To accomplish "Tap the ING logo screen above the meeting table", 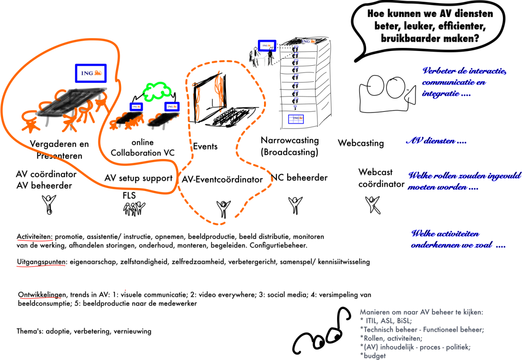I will [x=91, y=73].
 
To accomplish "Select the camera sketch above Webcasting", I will [x=386, y=89].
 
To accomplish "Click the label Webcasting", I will [x=360, y=143].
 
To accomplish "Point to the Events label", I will [x=205, y=147].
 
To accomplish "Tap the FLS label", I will [x=129, y=196].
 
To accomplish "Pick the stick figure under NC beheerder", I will [x=296, y=205].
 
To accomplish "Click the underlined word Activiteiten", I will [x=35, y=237].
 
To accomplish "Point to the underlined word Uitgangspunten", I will [x=41, y=262].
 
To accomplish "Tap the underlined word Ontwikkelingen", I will [x=42, y=295].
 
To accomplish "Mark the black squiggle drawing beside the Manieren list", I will [x=322, y=333].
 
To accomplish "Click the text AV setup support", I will [x=138, y=178].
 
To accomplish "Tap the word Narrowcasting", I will [x=290, y=140].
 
